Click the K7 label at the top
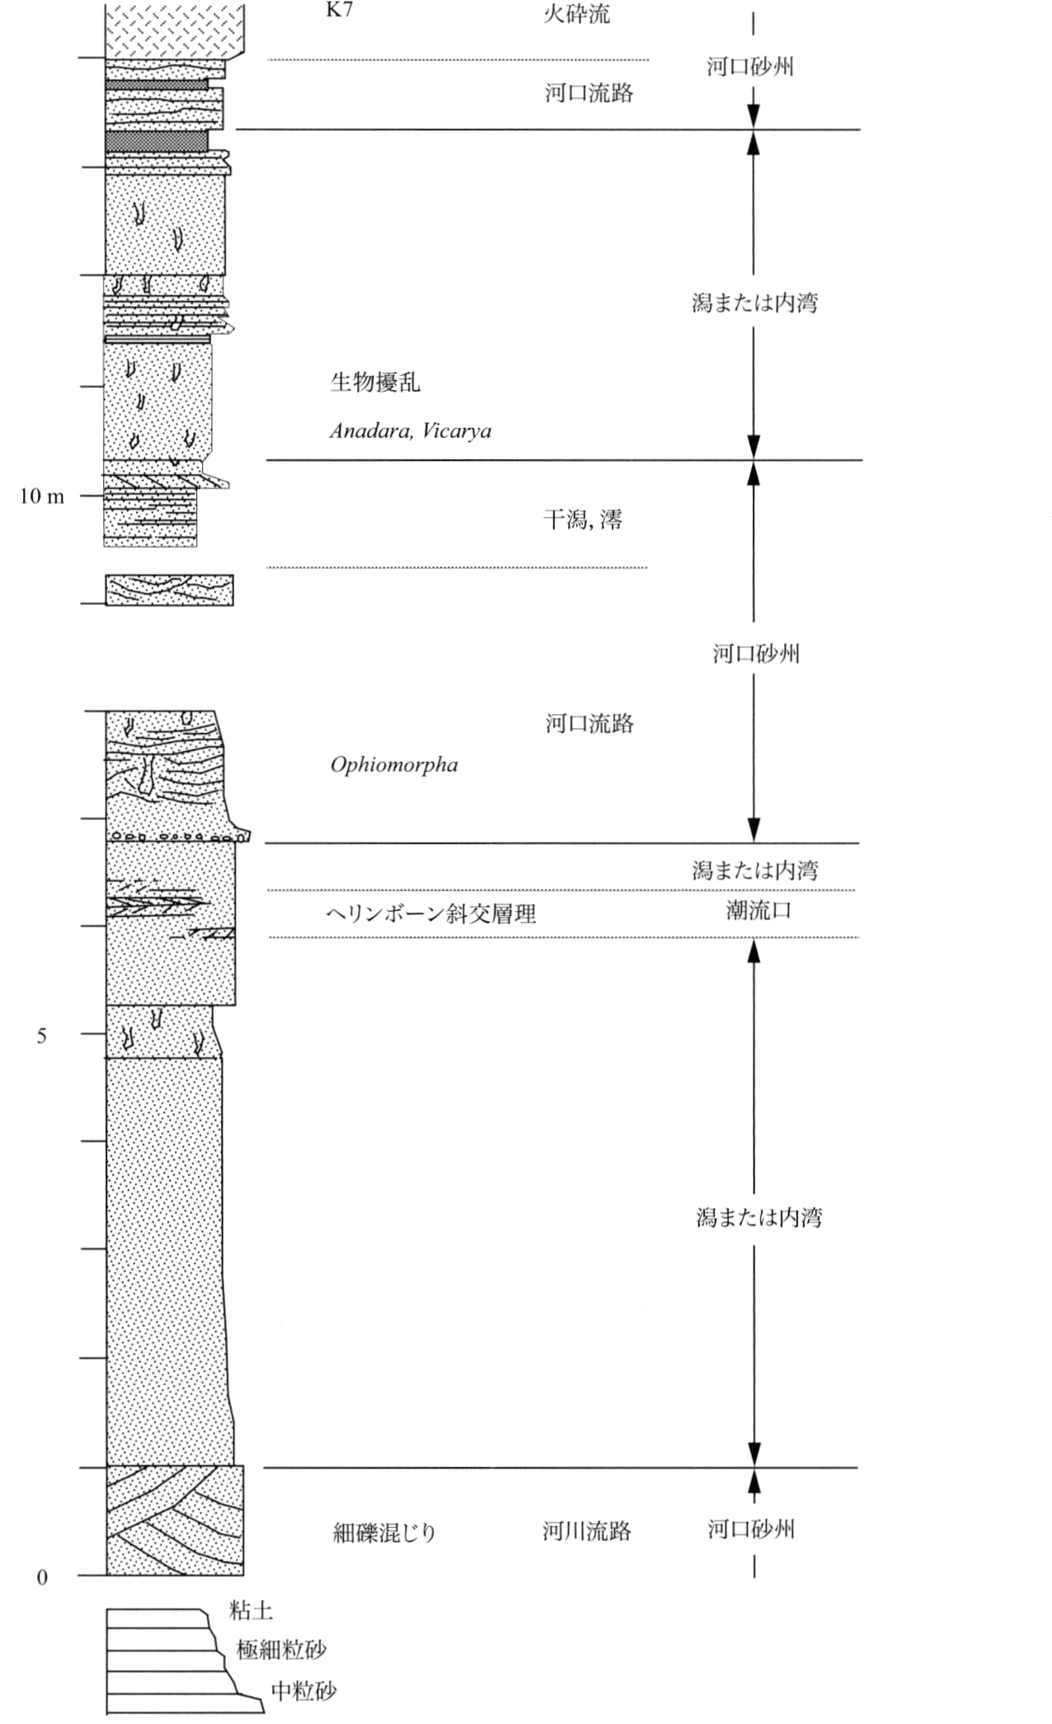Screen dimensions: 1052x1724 tap(340, 12)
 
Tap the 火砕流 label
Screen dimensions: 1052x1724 tap(576, 14)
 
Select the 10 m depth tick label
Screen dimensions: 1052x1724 tap(42, 496)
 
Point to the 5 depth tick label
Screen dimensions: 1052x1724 tap(42, 1036)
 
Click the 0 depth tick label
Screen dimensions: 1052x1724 tap(42, 1577)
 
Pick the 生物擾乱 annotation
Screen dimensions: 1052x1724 tap(375, 382)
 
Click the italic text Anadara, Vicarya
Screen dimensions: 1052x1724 tap(411, 430)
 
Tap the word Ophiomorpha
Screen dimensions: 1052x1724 tap(394, 765)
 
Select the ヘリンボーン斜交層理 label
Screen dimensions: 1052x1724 tap(431, 914)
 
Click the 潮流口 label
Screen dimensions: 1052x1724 tap(758, 911)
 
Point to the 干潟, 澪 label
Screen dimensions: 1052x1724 tap(583, 519)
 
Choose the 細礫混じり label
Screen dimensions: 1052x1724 tap(384, 1533)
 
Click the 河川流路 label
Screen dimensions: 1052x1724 tap(587, 1531)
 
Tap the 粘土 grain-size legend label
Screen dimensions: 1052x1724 tap(251, 1610)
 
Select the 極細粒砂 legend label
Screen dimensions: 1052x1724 tap(281, 1650)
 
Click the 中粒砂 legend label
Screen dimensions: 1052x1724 tap(304, 1691)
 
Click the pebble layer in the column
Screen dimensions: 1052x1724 tap(177, 837)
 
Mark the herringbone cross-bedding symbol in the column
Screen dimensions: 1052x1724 tap(157, 904)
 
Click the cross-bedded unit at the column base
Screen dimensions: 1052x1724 tap(175, 1521)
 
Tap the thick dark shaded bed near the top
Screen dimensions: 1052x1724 tap(157, 141)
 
